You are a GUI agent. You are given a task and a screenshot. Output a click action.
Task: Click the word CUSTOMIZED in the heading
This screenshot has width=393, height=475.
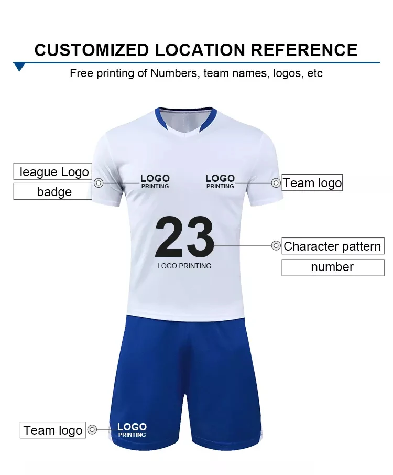[92, 50]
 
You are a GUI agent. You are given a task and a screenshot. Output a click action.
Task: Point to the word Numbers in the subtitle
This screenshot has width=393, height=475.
[174, 73]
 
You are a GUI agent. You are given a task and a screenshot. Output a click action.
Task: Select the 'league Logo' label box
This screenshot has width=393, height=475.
[52, 172]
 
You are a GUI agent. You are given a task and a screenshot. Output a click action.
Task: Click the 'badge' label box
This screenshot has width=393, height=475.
[52, 191]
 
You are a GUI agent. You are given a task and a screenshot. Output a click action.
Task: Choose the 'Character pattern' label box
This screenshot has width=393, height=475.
[333, 246]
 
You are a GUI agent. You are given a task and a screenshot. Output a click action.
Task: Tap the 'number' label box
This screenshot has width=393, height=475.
[333, 267]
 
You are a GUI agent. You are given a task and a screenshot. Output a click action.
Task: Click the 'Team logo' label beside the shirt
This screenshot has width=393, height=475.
[312, 183]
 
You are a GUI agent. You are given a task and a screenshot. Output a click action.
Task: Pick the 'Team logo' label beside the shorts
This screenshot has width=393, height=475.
[53, 430]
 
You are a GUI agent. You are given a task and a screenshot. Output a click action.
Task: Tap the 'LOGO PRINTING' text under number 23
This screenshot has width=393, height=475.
[184, 266]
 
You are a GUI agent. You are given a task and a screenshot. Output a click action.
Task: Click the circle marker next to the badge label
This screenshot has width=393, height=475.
[99, 183]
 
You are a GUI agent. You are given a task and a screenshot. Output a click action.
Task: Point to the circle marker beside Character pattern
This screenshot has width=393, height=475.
[276, 245]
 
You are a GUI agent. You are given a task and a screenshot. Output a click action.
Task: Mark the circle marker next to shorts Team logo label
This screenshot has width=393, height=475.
[92, 430]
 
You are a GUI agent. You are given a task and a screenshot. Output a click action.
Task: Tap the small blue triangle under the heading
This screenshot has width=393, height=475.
[20, 67]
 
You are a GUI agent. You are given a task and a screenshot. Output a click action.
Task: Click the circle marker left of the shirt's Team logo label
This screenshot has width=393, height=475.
[276, 183]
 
